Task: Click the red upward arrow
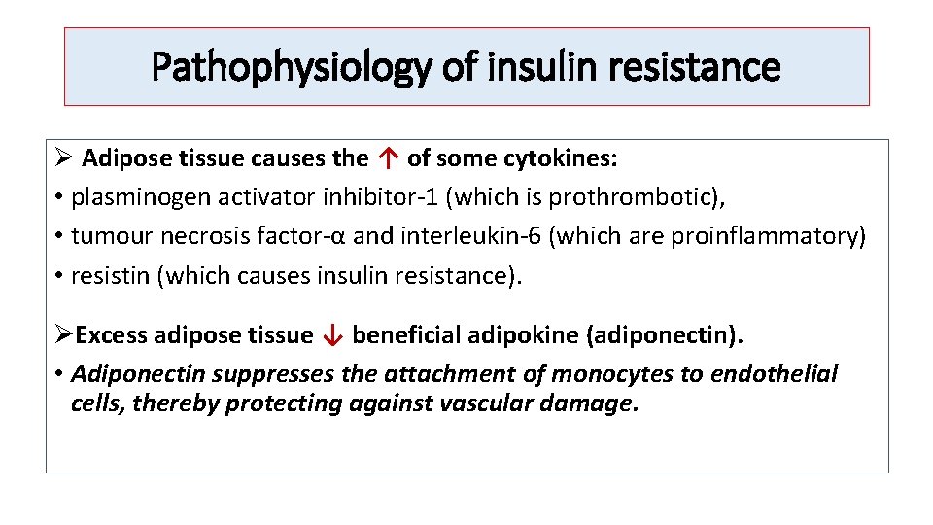click(388, 157)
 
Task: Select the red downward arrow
click(332, 336)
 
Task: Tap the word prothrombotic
click(632, 197)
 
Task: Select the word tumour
click(104, 237)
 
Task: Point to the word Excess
click(110, 335)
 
